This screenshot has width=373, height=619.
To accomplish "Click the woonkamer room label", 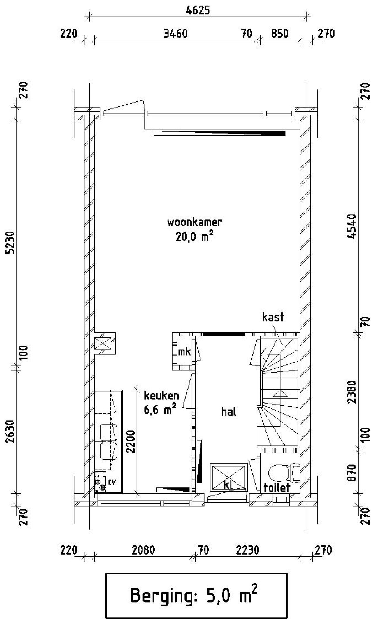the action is click(194, 222).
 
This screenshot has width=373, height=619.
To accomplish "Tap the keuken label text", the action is click(161, 396).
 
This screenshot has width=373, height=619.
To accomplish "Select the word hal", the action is click(229, 412).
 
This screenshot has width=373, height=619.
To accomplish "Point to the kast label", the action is click(273, 317).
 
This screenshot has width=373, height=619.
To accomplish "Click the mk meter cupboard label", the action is click(184, 352).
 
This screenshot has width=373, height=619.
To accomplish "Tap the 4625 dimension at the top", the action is click(198, 10).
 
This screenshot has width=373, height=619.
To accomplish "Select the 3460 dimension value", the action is click(175, 34).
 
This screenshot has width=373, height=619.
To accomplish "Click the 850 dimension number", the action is click(280, 34).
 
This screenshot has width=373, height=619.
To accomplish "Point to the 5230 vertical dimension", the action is click(10, 243).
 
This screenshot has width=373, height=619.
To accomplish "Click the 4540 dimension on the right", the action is click(352, 227).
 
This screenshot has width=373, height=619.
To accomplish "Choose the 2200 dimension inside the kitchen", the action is click(131, 441).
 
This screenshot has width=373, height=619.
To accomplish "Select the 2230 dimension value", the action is click(247, 550).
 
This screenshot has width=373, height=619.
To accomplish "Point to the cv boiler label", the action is click(112, 482).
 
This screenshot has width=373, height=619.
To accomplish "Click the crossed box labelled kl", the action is click(229, 477).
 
